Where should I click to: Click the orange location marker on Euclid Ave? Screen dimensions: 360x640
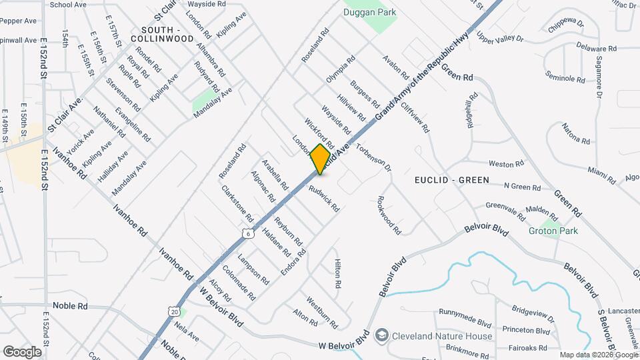click(321, 159)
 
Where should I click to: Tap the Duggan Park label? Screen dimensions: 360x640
click(369, 12)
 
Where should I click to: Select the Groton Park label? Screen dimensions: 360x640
click(553, 231)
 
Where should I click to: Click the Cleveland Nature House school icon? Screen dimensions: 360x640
click(382, 334)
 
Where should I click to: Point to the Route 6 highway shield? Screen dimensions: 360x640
click(247, 233)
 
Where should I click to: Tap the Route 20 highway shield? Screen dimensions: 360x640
click(174, 311)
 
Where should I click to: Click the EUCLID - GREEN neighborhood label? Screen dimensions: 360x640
click(451, 180)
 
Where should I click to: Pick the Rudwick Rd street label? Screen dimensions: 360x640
click(324, 199)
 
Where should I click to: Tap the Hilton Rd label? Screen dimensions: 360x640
click(338, 273)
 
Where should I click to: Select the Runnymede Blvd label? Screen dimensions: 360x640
click(465, 312)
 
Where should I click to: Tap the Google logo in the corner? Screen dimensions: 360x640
click(21, 351)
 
